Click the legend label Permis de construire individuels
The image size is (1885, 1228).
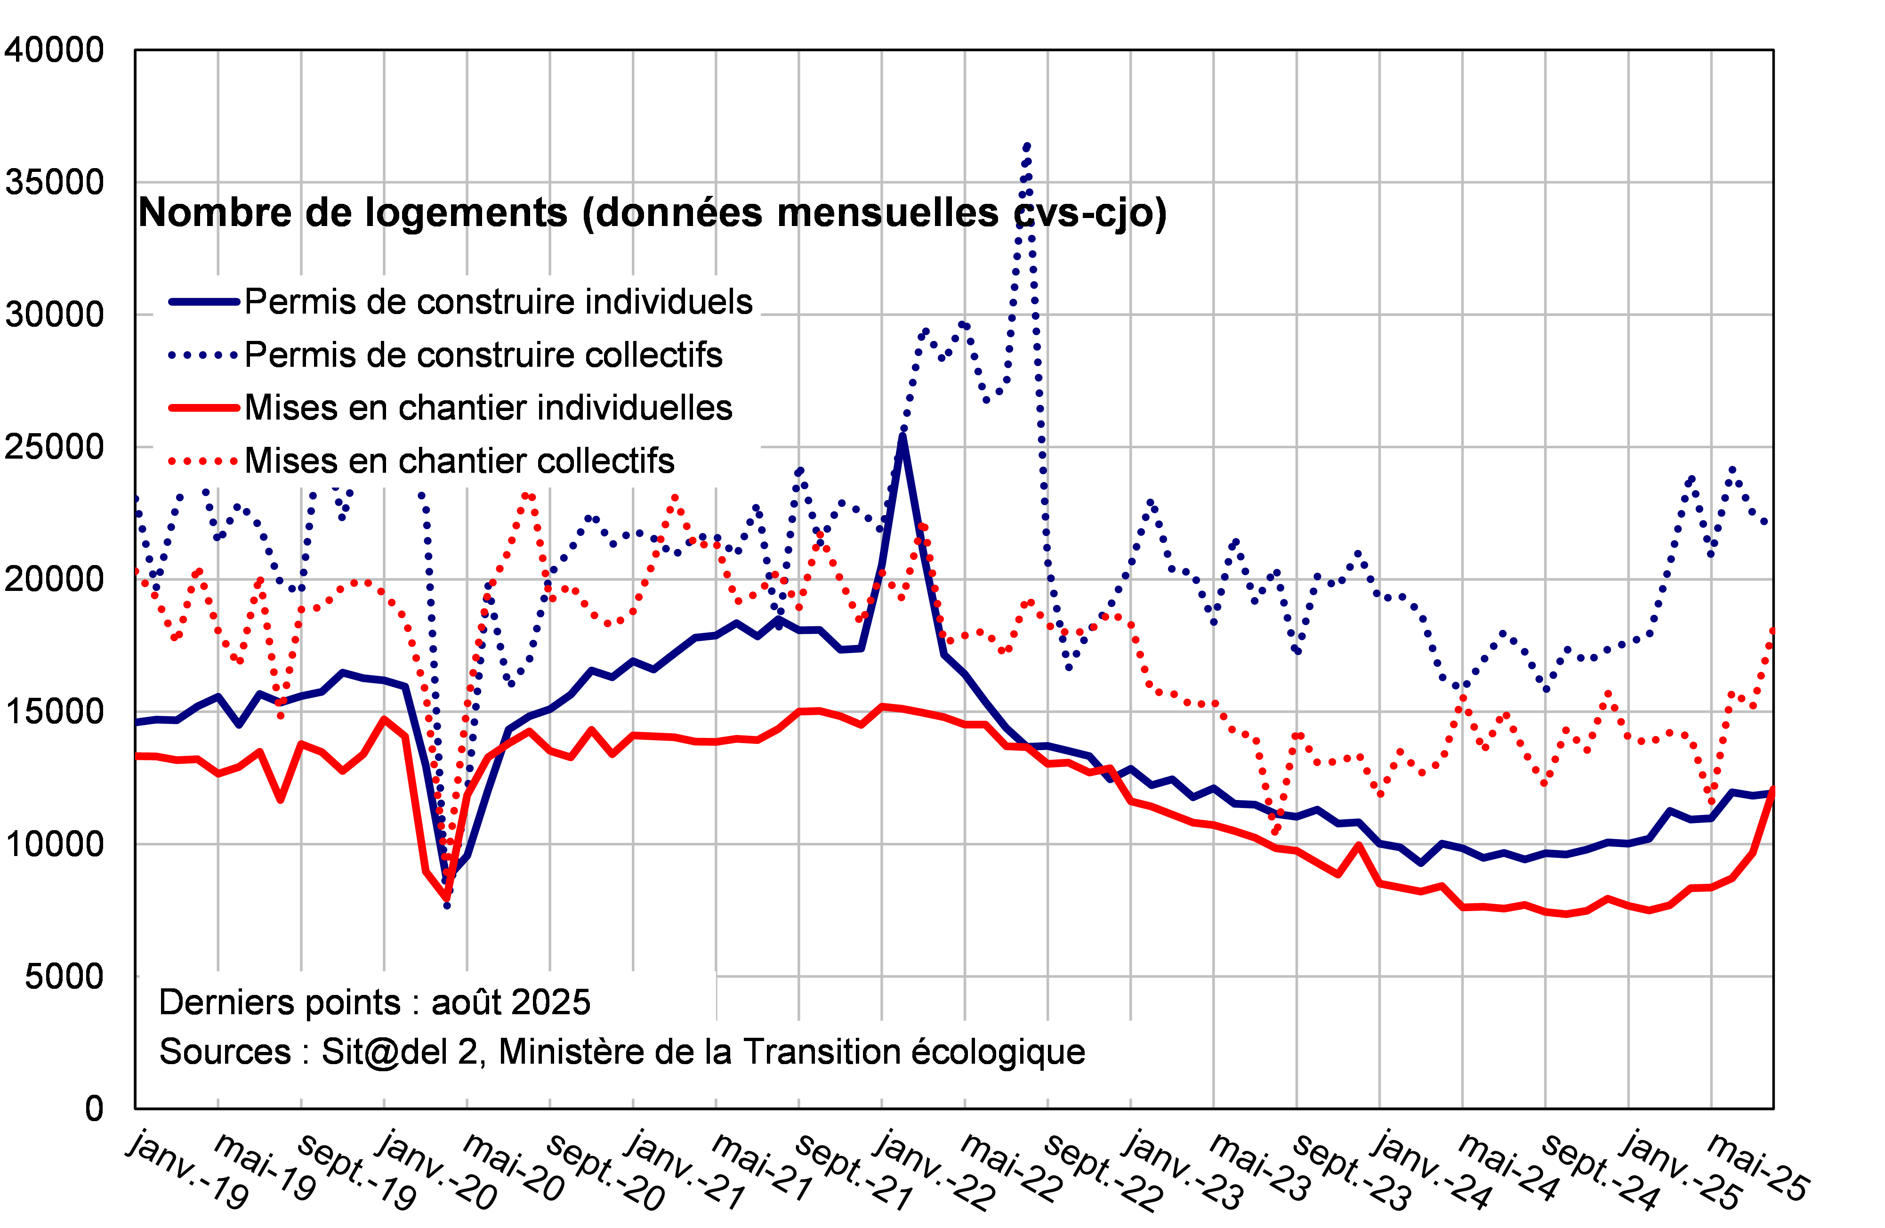click(498, 302)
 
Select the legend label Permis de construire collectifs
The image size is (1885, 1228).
click(483, 355)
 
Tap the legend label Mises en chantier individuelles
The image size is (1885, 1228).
click(488, 408)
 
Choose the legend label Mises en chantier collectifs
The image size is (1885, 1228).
click(459, 461)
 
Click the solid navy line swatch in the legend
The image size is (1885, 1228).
click(203, 302)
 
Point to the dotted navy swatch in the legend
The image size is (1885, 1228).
click(203, 355)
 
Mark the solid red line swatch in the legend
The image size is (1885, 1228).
click(203, 408)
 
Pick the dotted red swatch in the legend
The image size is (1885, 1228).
click(203, 461)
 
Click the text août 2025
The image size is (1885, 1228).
click(511, 1002)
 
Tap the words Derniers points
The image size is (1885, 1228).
click(281, 1002)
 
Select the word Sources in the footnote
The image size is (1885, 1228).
click(225, 1052)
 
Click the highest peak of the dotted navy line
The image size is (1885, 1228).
click(1027, 146)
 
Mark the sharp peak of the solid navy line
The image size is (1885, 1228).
click(903, 434)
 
